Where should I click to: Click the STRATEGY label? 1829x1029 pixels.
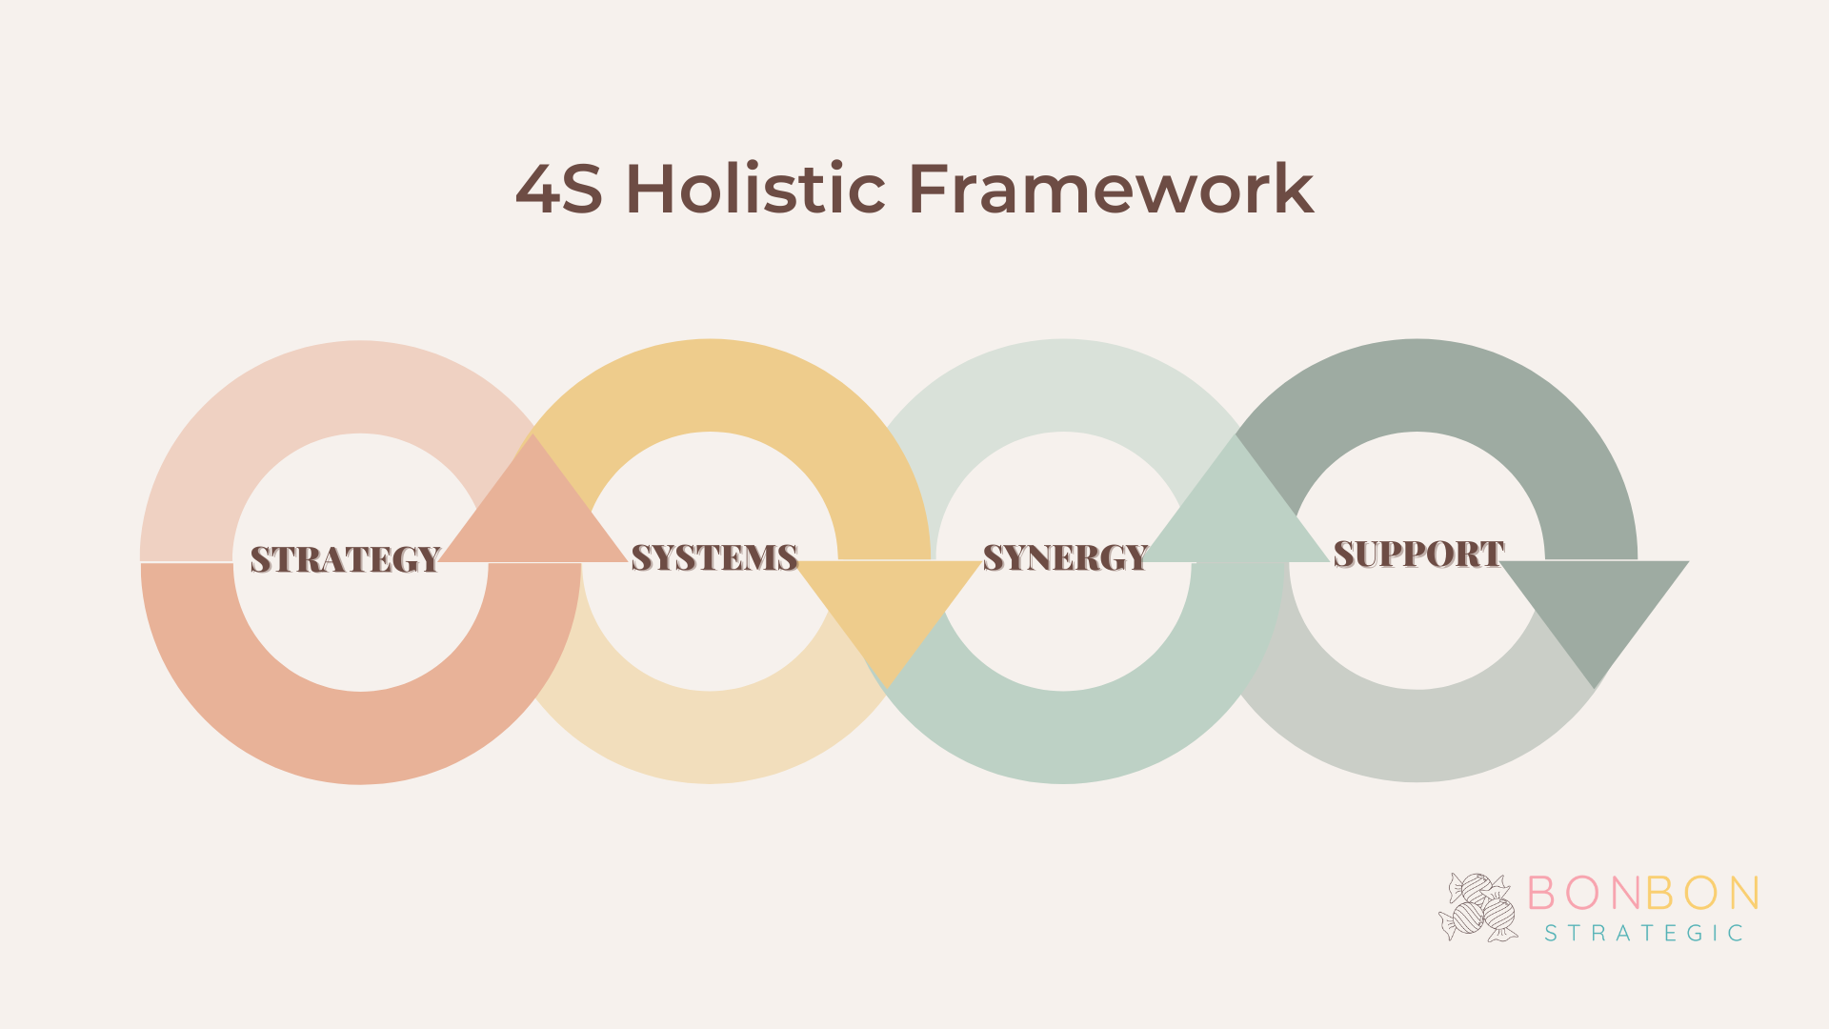point(345,559)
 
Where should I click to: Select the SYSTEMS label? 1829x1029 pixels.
point(714,557)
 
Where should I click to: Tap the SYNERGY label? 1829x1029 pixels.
point(1065,557)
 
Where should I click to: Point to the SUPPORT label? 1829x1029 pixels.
point(1418,555)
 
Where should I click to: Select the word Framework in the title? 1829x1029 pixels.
point(1112,188)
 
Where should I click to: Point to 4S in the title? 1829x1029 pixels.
point(559,188)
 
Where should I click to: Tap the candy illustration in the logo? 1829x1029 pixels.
point(1477,907)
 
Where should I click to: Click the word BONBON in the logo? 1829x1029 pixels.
point(1643,893)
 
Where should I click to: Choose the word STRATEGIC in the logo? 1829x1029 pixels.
point(1643,933)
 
